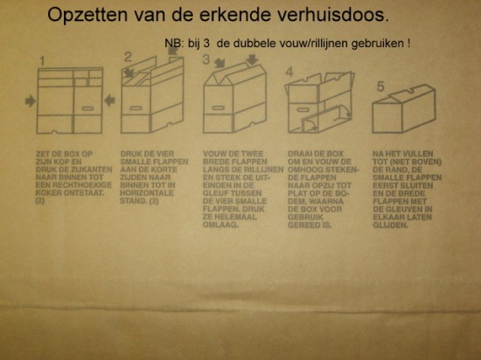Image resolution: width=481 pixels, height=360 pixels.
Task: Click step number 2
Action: [x=128, y=59]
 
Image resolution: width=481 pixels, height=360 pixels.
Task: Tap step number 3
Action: [x=206, y=60]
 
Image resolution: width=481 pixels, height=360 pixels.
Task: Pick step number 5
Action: [x=379, y=86]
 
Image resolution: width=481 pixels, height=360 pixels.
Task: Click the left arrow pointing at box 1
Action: [x=31, y=101]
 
